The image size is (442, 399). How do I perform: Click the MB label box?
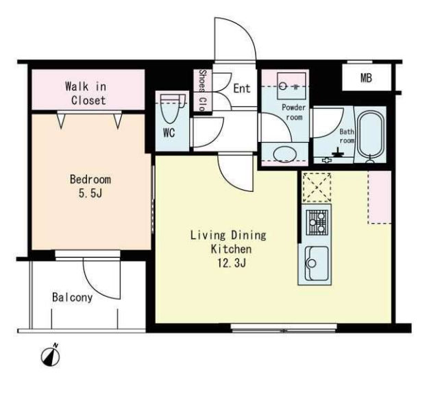[x=367, y=77]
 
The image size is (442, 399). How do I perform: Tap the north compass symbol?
[x=51, y=356]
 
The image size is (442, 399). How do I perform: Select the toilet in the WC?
[x=170, y=108]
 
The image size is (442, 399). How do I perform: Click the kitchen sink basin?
[x=317, y=263]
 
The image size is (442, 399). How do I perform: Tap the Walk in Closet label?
[x=86, y=93]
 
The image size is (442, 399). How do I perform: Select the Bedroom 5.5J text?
[x=90, y=186]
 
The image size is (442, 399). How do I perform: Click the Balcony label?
[x=73, y=298]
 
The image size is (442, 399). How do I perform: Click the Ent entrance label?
[x=242, y=88]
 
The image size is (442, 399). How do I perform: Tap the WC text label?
[x=169, y=132]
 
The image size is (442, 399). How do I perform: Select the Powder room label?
[x=294, y=112]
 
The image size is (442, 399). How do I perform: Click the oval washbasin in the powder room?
[x=285, y=154]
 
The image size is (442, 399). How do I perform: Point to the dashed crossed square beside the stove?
[x=317, y=187]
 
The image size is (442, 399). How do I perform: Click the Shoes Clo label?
[x=202, y=90]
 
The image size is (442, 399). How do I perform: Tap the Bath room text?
[x=347, y=136]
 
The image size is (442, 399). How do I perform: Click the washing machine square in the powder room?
[x=291, y=86]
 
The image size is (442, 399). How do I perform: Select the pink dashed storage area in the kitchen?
[x=380, y=197]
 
